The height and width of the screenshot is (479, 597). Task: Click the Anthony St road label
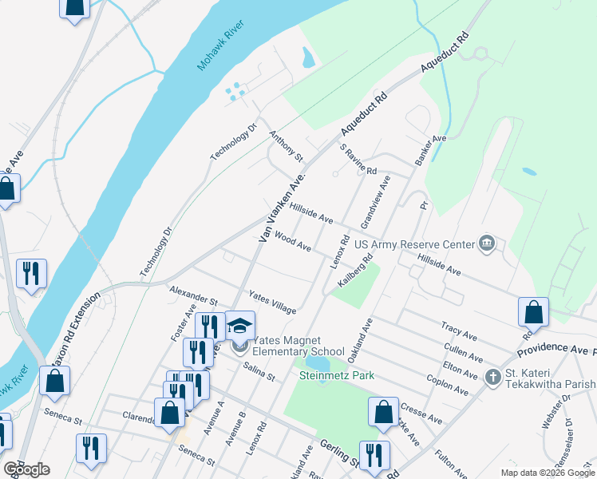click(287, 147)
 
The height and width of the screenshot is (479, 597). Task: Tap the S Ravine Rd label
click(358, 160)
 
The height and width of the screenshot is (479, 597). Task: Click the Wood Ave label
click(292, 242)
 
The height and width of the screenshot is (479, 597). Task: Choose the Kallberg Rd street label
click(356, 271)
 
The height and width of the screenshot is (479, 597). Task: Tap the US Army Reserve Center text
click(413, 244)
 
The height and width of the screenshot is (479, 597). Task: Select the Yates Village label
click(272, 302)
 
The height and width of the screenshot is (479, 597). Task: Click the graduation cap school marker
click(239, 326)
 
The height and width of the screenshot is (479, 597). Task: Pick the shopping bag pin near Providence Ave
click(533, 312)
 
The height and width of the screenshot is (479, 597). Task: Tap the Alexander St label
click(193, 296)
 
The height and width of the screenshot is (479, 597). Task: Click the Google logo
click(26, 469)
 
